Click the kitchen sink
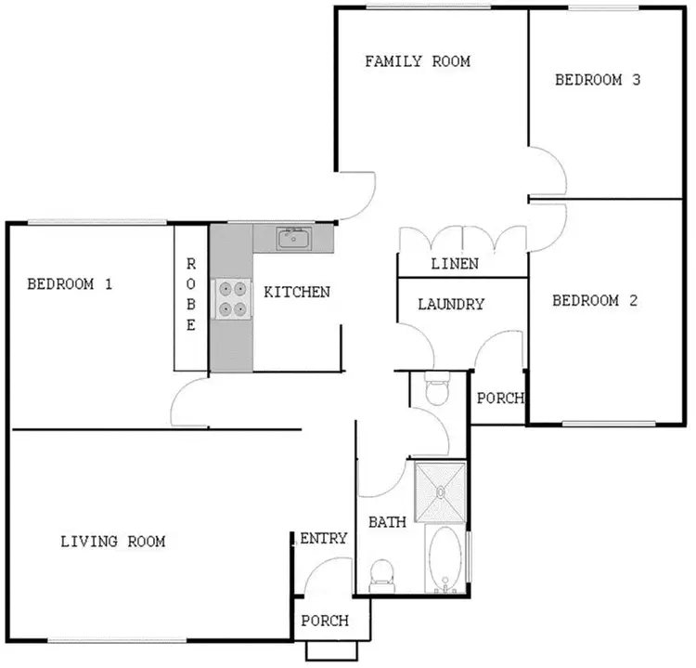tap(296, 239)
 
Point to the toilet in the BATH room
tap(380, 576)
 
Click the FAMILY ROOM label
tap(417, 61)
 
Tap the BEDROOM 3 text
tap(598, 80)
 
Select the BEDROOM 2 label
tap(596, 300)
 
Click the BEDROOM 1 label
tap(70, 284)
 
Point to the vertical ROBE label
tap(190, 294)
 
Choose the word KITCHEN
tap(297, 292)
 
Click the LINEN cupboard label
tap(455, 264)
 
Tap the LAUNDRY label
tap(450, 304)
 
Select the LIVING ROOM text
tap(112, 541)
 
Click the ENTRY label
tap(324, 538)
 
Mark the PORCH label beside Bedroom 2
tap(499, 399)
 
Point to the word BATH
tap(387, 522)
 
